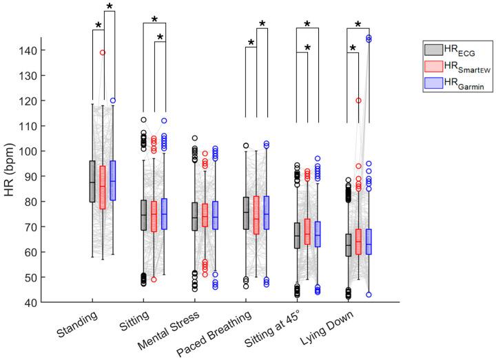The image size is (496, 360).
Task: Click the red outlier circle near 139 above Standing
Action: pyautogui.click(x=103, y=52)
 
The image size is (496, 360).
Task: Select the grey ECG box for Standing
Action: pyautogui.click(x=92, y=181)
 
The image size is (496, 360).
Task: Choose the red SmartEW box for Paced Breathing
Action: pyautogui.click(x=256, y=215)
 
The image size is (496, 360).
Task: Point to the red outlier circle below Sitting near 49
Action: pyautogui.click(x=154, y=279)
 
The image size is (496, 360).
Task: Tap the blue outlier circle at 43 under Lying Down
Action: pyautogui.click(x=369, y=295)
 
